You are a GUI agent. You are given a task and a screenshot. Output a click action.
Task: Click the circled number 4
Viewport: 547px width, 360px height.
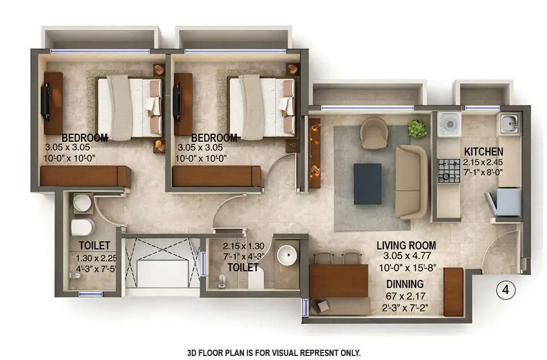click(506, 289)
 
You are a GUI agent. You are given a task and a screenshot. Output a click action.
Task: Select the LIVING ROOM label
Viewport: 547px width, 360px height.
click(406, 246)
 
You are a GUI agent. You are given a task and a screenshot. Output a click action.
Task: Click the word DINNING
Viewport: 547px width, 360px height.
click(405, 283)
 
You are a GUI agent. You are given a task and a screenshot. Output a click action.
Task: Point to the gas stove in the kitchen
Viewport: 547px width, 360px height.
click(449, 171)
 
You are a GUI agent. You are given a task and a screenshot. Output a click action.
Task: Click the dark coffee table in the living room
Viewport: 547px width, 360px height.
click(367, 183)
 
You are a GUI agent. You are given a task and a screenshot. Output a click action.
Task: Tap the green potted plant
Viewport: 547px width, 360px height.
click(417, 128)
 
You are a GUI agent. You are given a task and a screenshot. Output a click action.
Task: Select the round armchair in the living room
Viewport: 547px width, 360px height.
click(374, 131)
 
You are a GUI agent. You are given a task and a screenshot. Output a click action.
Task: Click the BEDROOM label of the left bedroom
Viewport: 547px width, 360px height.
click(85, 138)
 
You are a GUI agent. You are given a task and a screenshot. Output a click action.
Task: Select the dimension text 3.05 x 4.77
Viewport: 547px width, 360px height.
click(406, 257)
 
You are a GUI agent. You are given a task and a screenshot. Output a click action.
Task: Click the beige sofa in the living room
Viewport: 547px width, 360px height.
click(411, 181)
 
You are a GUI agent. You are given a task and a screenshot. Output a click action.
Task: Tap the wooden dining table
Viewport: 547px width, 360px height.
click(338, 281)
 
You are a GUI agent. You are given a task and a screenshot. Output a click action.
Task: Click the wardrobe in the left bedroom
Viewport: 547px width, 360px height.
click(85, 176)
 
